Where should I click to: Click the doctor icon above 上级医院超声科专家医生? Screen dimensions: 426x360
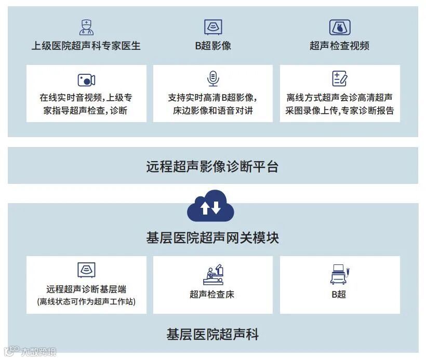[86, 27]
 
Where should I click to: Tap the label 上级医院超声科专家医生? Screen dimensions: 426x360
[86, 46]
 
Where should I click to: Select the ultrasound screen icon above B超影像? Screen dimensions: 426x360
[213, 27]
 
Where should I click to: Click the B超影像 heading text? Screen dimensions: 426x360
[213, 46]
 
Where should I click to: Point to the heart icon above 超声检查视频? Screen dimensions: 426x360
[340, 27]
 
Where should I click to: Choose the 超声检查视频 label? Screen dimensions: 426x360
[340, 46]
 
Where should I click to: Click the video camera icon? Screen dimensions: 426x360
[86, 79]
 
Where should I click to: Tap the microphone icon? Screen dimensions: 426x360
[213, 79]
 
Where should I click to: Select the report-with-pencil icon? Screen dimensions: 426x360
[340, 79]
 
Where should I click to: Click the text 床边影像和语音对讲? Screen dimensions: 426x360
[213, 110]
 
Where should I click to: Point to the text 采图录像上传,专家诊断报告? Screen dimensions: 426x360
[340, 110]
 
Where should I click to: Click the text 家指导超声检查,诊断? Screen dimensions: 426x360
[86, 110]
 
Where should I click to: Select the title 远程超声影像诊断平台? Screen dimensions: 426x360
[213, 166]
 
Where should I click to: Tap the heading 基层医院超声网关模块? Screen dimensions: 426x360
[213, 237]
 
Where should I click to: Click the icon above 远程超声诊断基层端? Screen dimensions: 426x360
[86, 270]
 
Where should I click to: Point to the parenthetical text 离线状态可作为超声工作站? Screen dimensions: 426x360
[86, 301]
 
